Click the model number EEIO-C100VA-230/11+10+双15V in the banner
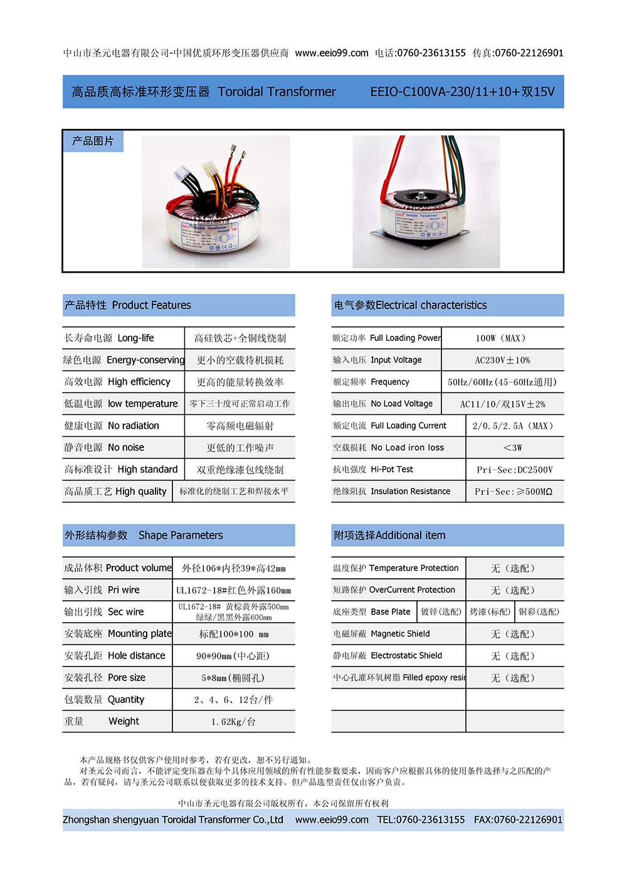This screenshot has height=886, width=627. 462,92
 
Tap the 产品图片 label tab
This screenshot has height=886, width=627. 93,142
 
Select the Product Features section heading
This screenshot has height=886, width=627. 128,305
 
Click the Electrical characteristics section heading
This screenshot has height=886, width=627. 410,305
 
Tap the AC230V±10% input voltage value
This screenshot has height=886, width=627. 502,360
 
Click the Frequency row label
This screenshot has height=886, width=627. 371,382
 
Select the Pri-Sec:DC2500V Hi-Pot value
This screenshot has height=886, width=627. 515,470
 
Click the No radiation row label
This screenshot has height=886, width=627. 112,426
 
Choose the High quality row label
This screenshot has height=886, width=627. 115,492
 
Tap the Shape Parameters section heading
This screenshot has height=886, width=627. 144,535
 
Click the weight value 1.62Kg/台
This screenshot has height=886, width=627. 233,722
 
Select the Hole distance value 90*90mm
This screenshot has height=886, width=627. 233,656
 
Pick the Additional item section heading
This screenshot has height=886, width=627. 389,535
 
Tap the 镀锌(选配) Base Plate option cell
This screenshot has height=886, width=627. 441,612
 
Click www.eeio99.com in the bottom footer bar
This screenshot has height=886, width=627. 332,820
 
